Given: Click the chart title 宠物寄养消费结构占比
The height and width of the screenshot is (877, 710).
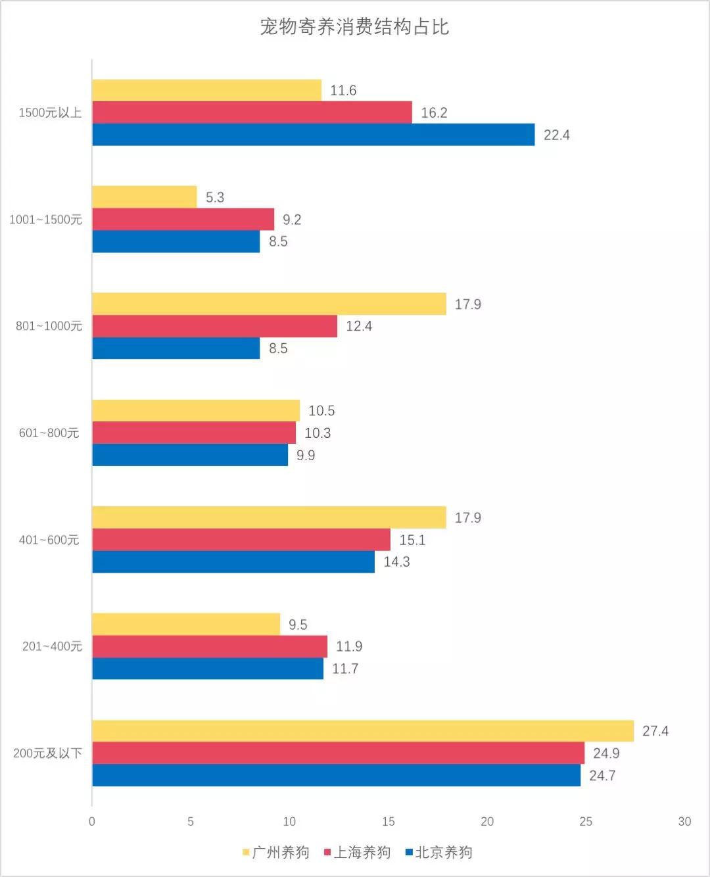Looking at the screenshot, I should pos(354,27).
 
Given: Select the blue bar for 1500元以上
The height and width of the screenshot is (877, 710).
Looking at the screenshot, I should pos(313,135).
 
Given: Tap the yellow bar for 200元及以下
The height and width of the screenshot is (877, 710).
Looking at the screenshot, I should pos(362,731).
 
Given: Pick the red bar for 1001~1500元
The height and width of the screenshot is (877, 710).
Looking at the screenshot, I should pos(183,220).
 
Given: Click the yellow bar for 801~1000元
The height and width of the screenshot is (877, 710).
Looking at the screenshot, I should pos(269,304).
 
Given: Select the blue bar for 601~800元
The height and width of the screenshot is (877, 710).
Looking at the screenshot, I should pos(190,455).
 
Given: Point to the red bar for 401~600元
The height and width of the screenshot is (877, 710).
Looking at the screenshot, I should pos(241,540).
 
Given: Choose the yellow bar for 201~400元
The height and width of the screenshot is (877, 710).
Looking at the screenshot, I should pos(186,624).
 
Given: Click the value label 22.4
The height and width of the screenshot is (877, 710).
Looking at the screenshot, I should pos(556,135).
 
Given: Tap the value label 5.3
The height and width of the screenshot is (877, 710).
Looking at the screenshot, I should pos(215,197).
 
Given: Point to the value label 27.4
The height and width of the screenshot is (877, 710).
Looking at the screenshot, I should pos(655,731).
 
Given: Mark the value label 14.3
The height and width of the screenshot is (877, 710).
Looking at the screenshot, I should pos(396,561).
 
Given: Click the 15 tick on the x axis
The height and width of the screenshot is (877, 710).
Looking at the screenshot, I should pos(388,822).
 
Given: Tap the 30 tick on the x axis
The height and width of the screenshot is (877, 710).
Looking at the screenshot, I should pos(684,822).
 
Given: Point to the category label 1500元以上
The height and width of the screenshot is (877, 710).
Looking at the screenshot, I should pos(50,112).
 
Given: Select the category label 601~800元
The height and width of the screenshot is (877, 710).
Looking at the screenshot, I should pos(49,433).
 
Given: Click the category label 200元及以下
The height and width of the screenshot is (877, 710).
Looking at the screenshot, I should pos(47,753).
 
